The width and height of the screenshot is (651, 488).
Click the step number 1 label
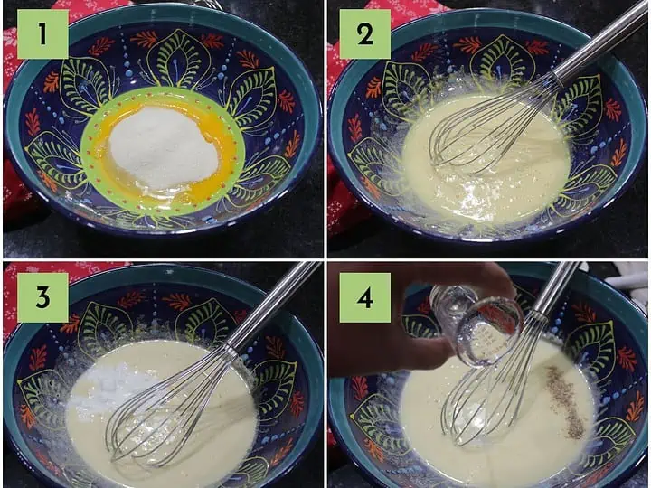[x=42, y=34]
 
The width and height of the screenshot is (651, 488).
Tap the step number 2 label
[x=365, y=34]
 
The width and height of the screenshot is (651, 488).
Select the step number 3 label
[x=42, y=297]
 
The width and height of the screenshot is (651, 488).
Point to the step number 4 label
[x=365, y=297]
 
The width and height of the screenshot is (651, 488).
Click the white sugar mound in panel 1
[x=164, y=147]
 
